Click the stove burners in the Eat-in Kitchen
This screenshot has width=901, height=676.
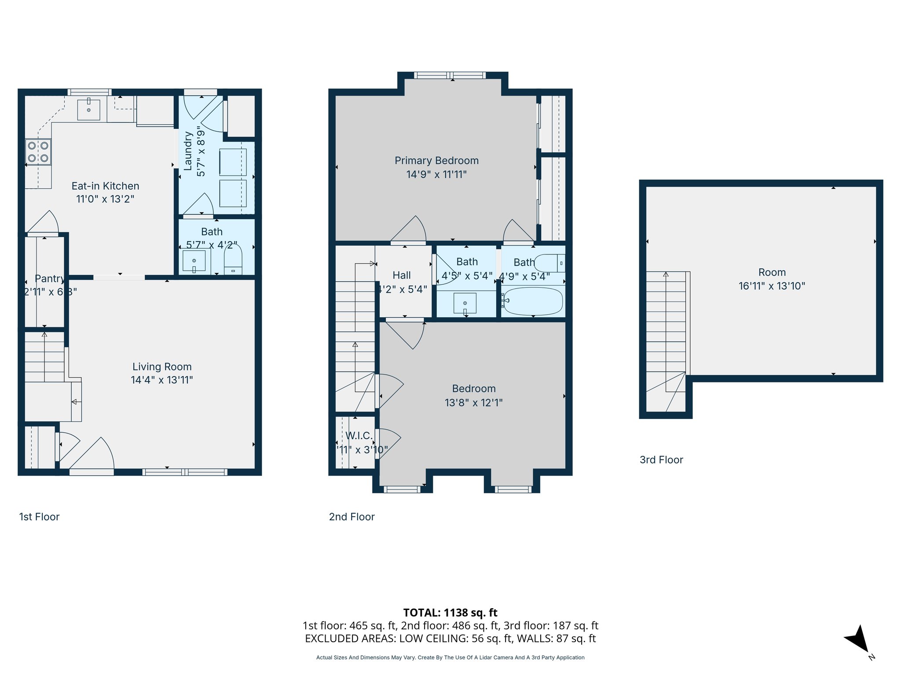pyautogui.click(x=38, y=152)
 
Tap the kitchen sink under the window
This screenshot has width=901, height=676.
pyautogui.click(x=88, y=109)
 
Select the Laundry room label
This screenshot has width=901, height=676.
pyautogui.click(x=188, y=151)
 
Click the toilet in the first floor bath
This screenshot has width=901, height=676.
pyautogui.click(x=233, y=261)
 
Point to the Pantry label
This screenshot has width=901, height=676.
pyautogui.click(x=49, y=279)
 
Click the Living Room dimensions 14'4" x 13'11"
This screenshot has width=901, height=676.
pyautogui.click(x=162, y=380)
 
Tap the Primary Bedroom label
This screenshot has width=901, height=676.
pyautogui.click(x=436, y=161)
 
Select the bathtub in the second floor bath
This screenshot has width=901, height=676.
pyautogui.click(x=533, y=301)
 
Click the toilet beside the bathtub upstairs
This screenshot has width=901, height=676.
pyautogui.click(x=549, y=263)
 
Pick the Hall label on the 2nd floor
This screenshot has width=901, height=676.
pyautogui.click(x=401, y=276)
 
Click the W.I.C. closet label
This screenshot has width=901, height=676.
pyautogui.click(x=359, y=436)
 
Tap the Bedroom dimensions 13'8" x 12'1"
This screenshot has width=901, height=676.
pyautogui.click(x=473, y=403)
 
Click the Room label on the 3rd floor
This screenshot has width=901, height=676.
pyautogui.click(x=772, y=272)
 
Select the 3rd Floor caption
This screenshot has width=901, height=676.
pyautogui.click(x=661, y=460)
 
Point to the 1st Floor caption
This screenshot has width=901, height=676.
pyautogui.click(x=39, y=517)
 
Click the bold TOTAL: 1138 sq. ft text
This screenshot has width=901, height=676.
pyautogui.click(x=450, y=613)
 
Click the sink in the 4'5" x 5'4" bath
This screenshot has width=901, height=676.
pyautogui.click(x=465, y=303)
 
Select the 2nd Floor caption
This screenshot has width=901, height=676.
pyautogui.click(x=352, y=517)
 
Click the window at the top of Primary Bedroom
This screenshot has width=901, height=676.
pyautogui.click(x=450, y=76)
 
